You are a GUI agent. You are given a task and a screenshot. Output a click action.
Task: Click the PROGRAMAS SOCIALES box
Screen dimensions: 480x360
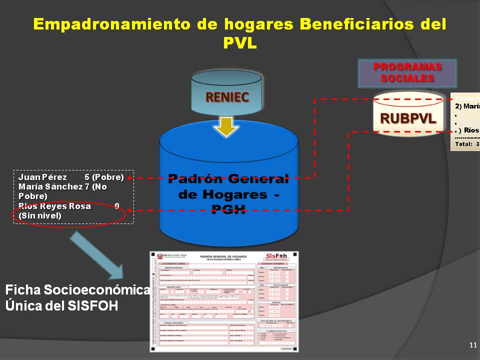click(x=407, y=73)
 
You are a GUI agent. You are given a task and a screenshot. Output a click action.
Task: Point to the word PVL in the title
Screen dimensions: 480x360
click(x=239, y=43)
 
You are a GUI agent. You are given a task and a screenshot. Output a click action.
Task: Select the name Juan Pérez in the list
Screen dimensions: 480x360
click(x=42, y=177)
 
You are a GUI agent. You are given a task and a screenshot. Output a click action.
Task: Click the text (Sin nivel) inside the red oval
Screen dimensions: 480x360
click(x=40, y=215)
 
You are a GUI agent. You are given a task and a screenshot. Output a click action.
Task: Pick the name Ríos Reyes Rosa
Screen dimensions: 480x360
click(x=54, y=206)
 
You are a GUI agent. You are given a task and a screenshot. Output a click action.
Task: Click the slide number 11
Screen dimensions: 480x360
click(x=473, y=345)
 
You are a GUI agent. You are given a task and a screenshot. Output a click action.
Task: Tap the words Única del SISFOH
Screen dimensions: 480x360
click(x=62, y=305)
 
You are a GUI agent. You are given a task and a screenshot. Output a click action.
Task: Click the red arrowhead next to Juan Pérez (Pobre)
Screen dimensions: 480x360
click(x=129, y=177)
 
